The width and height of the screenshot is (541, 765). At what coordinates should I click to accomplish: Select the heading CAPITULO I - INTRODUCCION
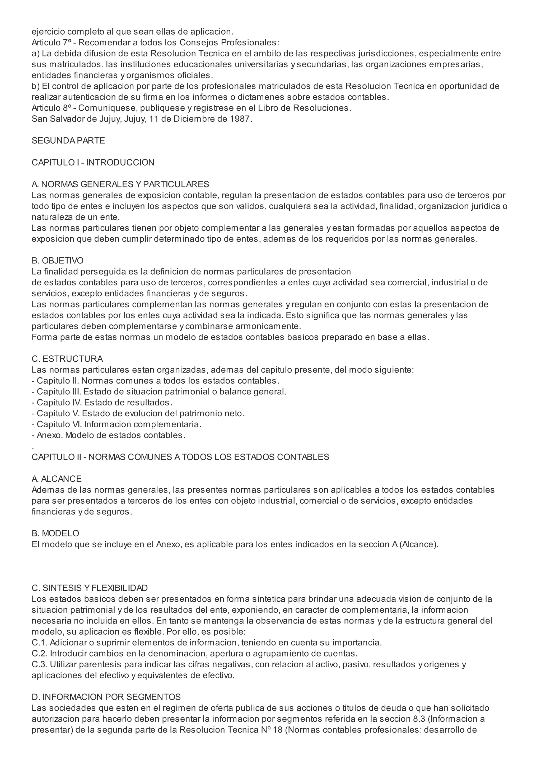pyautogui.click(x=93, y=163)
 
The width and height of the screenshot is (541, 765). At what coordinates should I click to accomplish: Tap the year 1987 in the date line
pyautogui.click(x=239, y=119)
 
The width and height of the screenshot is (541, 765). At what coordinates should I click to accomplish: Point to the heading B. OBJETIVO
pyautogui.click(x=57, y=261)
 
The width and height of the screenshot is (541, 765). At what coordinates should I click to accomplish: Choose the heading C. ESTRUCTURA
pyautogui.click(x=67, y=359)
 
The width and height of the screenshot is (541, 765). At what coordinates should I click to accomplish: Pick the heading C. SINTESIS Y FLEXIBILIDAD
pyautogui.click(x=89, y=588)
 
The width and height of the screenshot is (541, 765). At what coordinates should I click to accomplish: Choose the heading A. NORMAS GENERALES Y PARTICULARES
pyautogui.click(x=120, y=184)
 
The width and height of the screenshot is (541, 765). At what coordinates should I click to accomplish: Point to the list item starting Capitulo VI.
pyautogui.click(x=117, y=424)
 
